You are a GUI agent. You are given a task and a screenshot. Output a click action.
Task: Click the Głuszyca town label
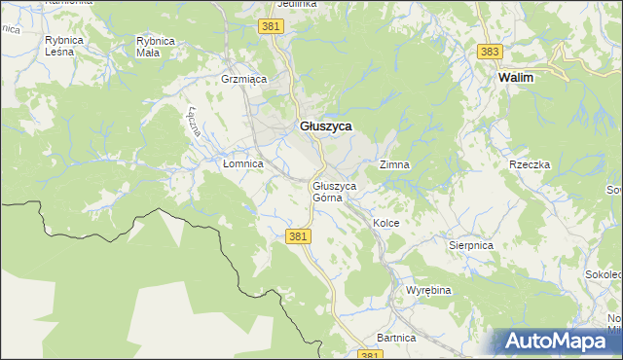(x=325, y=126)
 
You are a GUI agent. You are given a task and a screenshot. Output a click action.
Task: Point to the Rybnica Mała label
(x=155, y=47)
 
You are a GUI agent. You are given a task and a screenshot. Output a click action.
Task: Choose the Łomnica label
(x=242, y=164)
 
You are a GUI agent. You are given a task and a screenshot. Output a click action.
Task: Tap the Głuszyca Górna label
(x=334, y=192)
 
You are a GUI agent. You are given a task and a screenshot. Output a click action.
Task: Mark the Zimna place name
(x=394, y=165)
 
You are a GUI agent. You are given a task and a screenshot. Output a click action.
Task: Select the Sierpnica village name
(x=470, y=246)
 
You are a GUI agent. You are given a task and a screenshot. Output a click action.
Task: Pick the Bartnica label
(x=396, y=338)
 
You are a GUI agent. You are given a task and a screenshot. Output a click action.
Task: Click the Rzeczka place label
(x=530, y=165)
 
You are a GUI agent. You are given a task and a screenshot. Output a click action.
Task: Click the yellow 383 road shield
(x=491, y=51)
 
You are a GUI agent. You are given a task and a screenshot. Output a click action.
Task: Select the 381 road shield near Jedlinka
(x=272, y=26)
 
